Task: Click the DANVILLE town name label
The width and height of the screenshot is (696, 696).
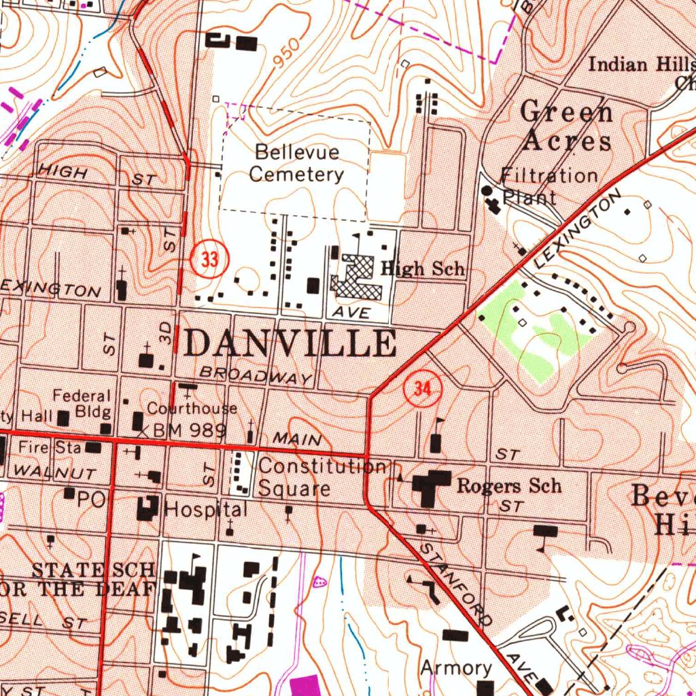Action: click(x=290, y=343)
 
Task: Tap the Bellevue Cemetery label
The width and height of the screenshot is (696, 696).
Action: click(x=296, y=163)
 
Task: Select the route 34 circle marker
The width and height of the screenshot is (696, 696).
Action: click(x=422, y=390)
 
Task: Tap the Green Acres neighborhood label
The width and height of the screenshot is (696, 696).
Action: click(x=566, y=126)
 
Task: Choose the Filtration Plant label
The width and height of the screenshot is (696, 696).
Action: click(x=549, y=186)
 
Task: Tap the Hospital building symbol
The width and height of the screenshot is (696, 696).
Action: click(x=147, y=508)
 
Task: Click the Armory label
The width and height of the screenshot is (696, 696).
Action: click(x=456, y=668)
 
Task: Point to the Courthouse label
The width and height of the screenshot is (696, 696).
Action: click(x=192, y=408)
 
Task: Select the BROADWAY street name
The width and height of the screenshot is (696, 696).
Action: click(x=256, y=375)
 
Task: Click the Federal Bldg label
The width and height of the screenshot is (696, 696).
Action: click(x=83, y=404)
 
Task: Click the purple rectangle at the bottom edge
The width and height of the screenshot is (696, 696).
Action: click(x=304, y=685)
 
